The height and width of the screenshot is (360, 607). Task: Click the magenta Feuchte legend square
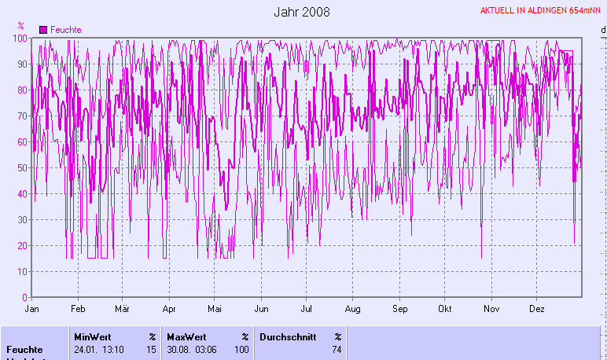tap(43, 29)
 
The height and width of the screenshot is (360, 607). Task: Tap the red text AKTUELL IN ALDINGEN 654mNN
tap(541, 11)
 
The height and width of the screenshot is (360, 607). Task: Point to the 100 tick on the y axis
tap(21, 39)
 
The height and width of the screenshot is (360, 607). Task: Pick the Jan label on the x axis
tap(32, 310)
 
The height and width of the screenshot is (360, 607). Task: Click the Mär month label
tap(122, 310)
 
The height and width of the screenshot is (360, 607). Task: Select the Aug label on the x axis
tap(353, 310)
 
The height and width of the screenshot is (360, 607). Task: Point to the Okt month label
tap(446, 310)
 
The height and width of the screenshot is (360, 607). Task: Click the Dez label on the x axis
tap(538, 310)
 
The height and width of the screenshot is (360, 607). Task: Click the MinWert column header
tap(92, 336)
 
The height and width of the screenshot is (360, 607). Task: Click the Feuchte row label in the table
tap(24, 349)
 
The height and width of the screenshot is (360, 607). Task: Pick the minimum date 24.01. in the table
tap(86, 349)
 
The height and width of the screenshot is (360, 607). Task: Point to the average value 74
tap(337, 349)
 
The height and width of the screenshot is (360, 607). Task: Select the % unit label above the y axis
tap(20, 26)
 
